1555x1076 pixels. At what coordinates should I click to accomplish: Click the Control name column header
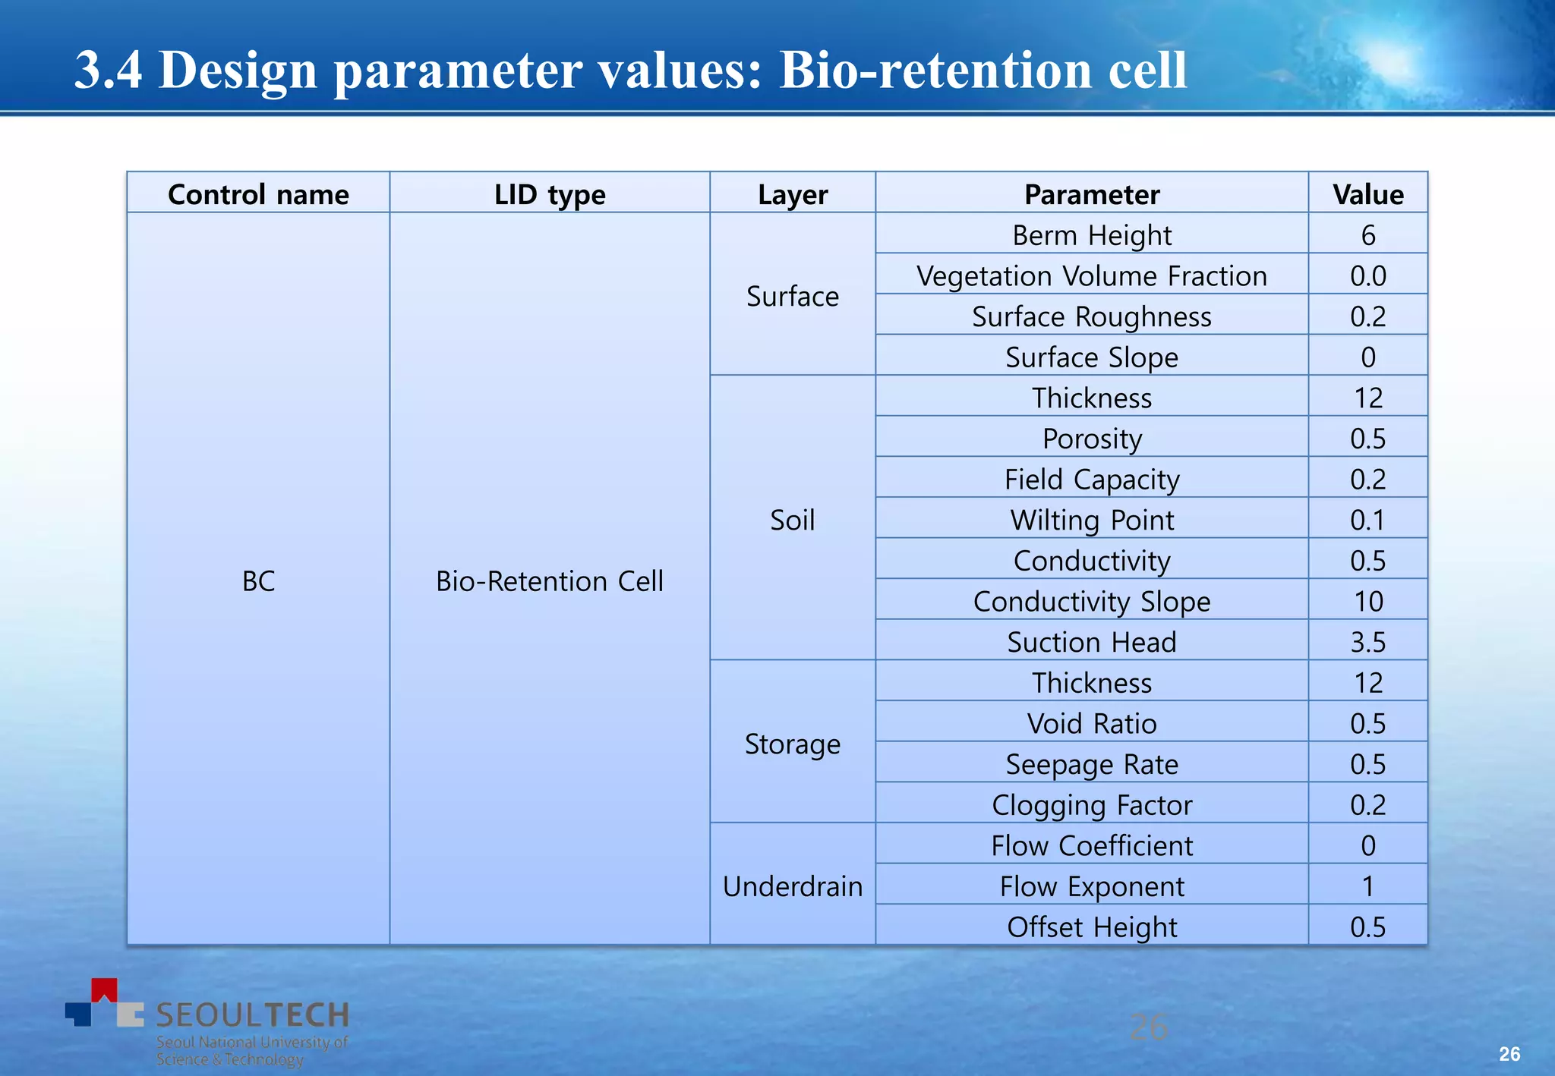pos(258,194)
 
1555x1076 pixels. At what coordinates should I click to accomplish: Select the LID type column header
pos(550,194)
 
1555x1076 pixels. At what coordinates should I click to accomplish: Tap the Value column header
pos(1367,194)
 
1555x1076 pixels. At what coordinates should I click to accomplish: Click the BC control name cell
pos(258,580)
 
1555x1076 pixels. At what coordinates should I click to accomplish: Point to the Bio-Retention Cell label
pos(550,580)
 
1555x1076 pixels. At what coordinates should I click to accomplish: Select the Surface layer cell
pos(792,296)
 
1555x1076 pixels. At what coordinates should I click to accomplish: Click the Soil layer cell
pos(792,520)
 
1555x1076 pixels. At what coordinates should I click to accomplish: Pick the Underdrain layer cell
pos(792,886)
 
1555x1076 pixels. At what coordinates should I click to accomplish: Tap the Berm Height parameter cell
pos(1091,235)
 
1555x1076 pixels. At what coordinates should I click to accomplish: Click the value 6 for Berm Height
pos(1367,235)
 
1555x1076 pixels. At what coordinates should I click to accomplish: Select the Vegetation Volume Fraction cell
pos(1091,275)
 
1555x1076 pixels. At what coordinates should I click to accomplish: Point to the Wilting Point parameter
pos(1091,520)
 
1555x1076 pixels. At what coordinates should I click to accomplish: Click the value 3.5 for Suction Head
pos(1367,642)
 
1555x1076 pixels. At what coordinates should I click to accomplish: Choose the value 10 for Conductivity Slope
pos(1367,601)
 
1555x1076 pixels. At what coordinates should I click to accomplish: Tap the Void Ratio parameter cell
pos(1091,723)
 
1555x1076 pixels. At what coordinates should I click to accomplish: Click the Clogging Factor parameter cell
pos(1091,804)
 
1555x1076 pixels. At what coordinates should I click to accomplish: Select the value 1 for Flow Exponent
pos(1367,886)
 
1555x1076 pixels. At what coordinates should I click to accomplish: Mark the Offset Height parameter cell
pos(1091,927)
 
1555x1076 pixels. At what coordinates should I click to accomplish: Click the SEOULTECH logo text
pos(252,1015)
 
